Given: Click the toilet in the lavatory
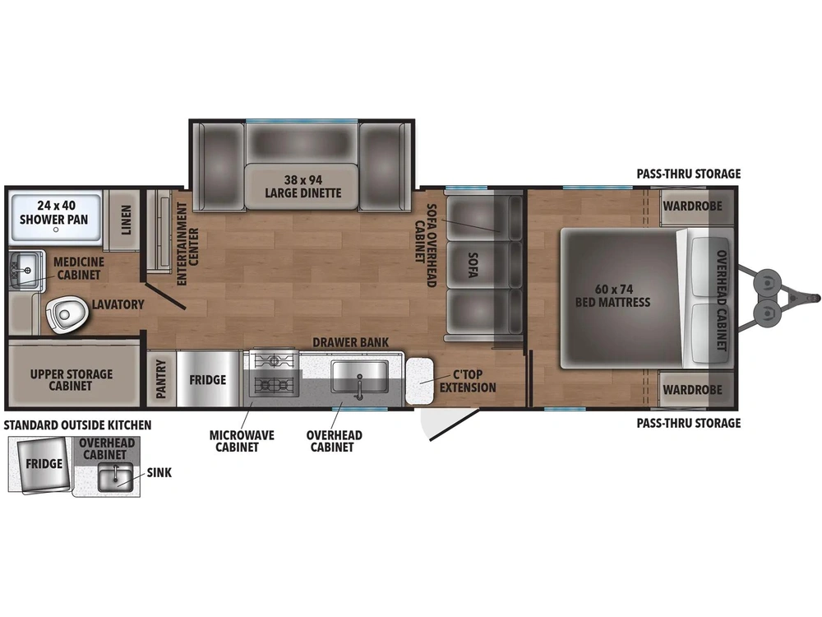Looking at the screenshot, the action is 67,314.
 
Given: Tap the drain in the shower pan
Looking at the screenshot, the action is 56,230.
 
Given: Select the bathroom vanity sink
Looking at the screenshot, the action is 24,270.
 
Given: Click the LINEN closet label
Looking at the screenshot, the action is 126,220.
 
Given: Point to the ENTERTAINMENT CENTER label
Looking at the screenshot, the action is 187,244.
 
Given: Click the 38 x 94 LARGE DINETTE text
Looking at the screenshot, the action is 303,186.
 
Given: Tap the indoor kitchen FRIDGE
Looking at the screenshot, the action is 208,379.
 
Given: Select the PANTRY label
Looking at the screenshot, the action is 161,378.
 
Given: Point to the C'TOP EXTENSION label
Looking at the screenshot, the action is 468,381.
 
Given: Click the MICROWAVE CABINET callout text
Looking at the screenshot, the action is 242,441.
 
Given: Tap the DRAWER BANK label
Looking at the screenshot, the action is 351,342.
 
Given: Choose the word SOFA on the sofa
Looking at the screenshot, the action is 473,265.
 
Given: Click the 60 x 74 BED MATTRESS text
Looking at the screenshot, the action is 613,295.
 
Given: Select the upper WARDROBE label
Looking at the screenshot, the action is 692,206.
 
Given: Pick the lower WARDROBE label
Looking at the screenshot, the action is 692,390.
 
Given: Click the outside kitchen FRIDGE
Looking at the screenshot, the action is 44,464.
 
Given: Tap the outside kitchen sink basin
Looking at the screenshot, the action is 115,476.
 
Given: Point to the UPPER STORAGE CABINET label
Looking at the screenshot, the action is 72,380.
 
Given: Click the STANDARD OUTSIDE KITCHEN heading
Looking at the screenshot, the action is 77,425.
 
